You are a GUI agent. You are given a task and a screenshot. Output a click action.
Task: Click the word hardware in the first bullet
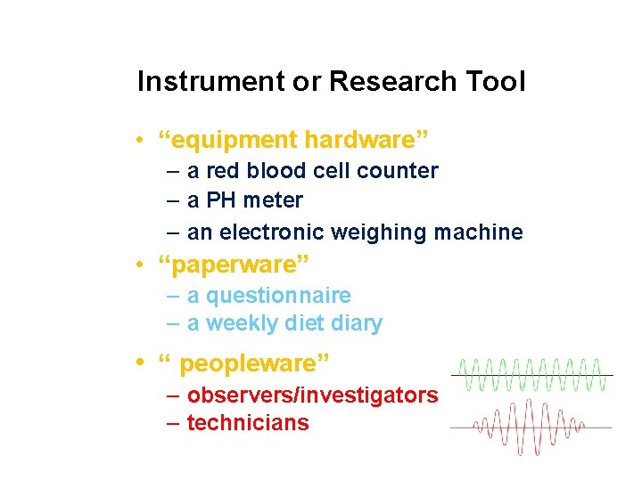(x=365, y=140)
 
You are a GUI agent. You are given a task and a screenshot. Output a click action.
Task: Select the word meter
(x=273, y=200)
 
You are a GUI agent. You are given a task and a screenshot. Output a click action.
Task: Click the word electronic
(x=272, y=232)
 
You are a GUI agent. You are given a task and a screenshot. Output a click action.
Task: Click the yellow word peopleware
(x=253, y=364)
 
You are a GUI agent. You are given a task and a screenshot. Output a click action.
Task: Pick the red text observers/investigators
(x=313, y=395)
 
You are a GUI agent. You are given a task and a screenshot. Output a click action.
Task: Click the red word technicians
(x=248, y=423)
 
